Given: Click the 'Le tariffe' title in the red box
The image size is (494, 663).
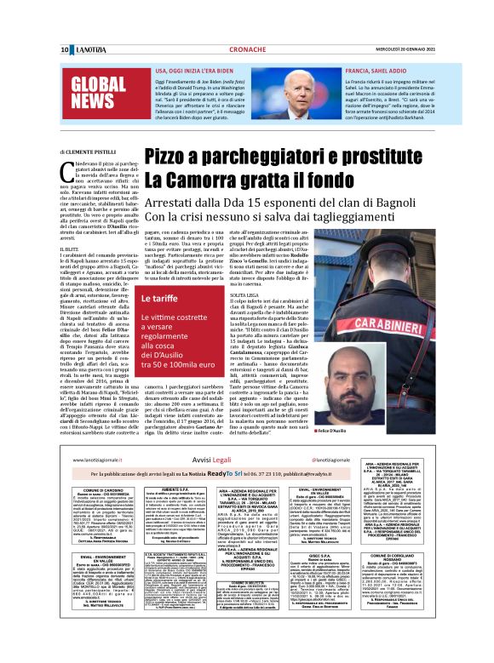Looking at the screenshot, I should coord(158,300).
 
